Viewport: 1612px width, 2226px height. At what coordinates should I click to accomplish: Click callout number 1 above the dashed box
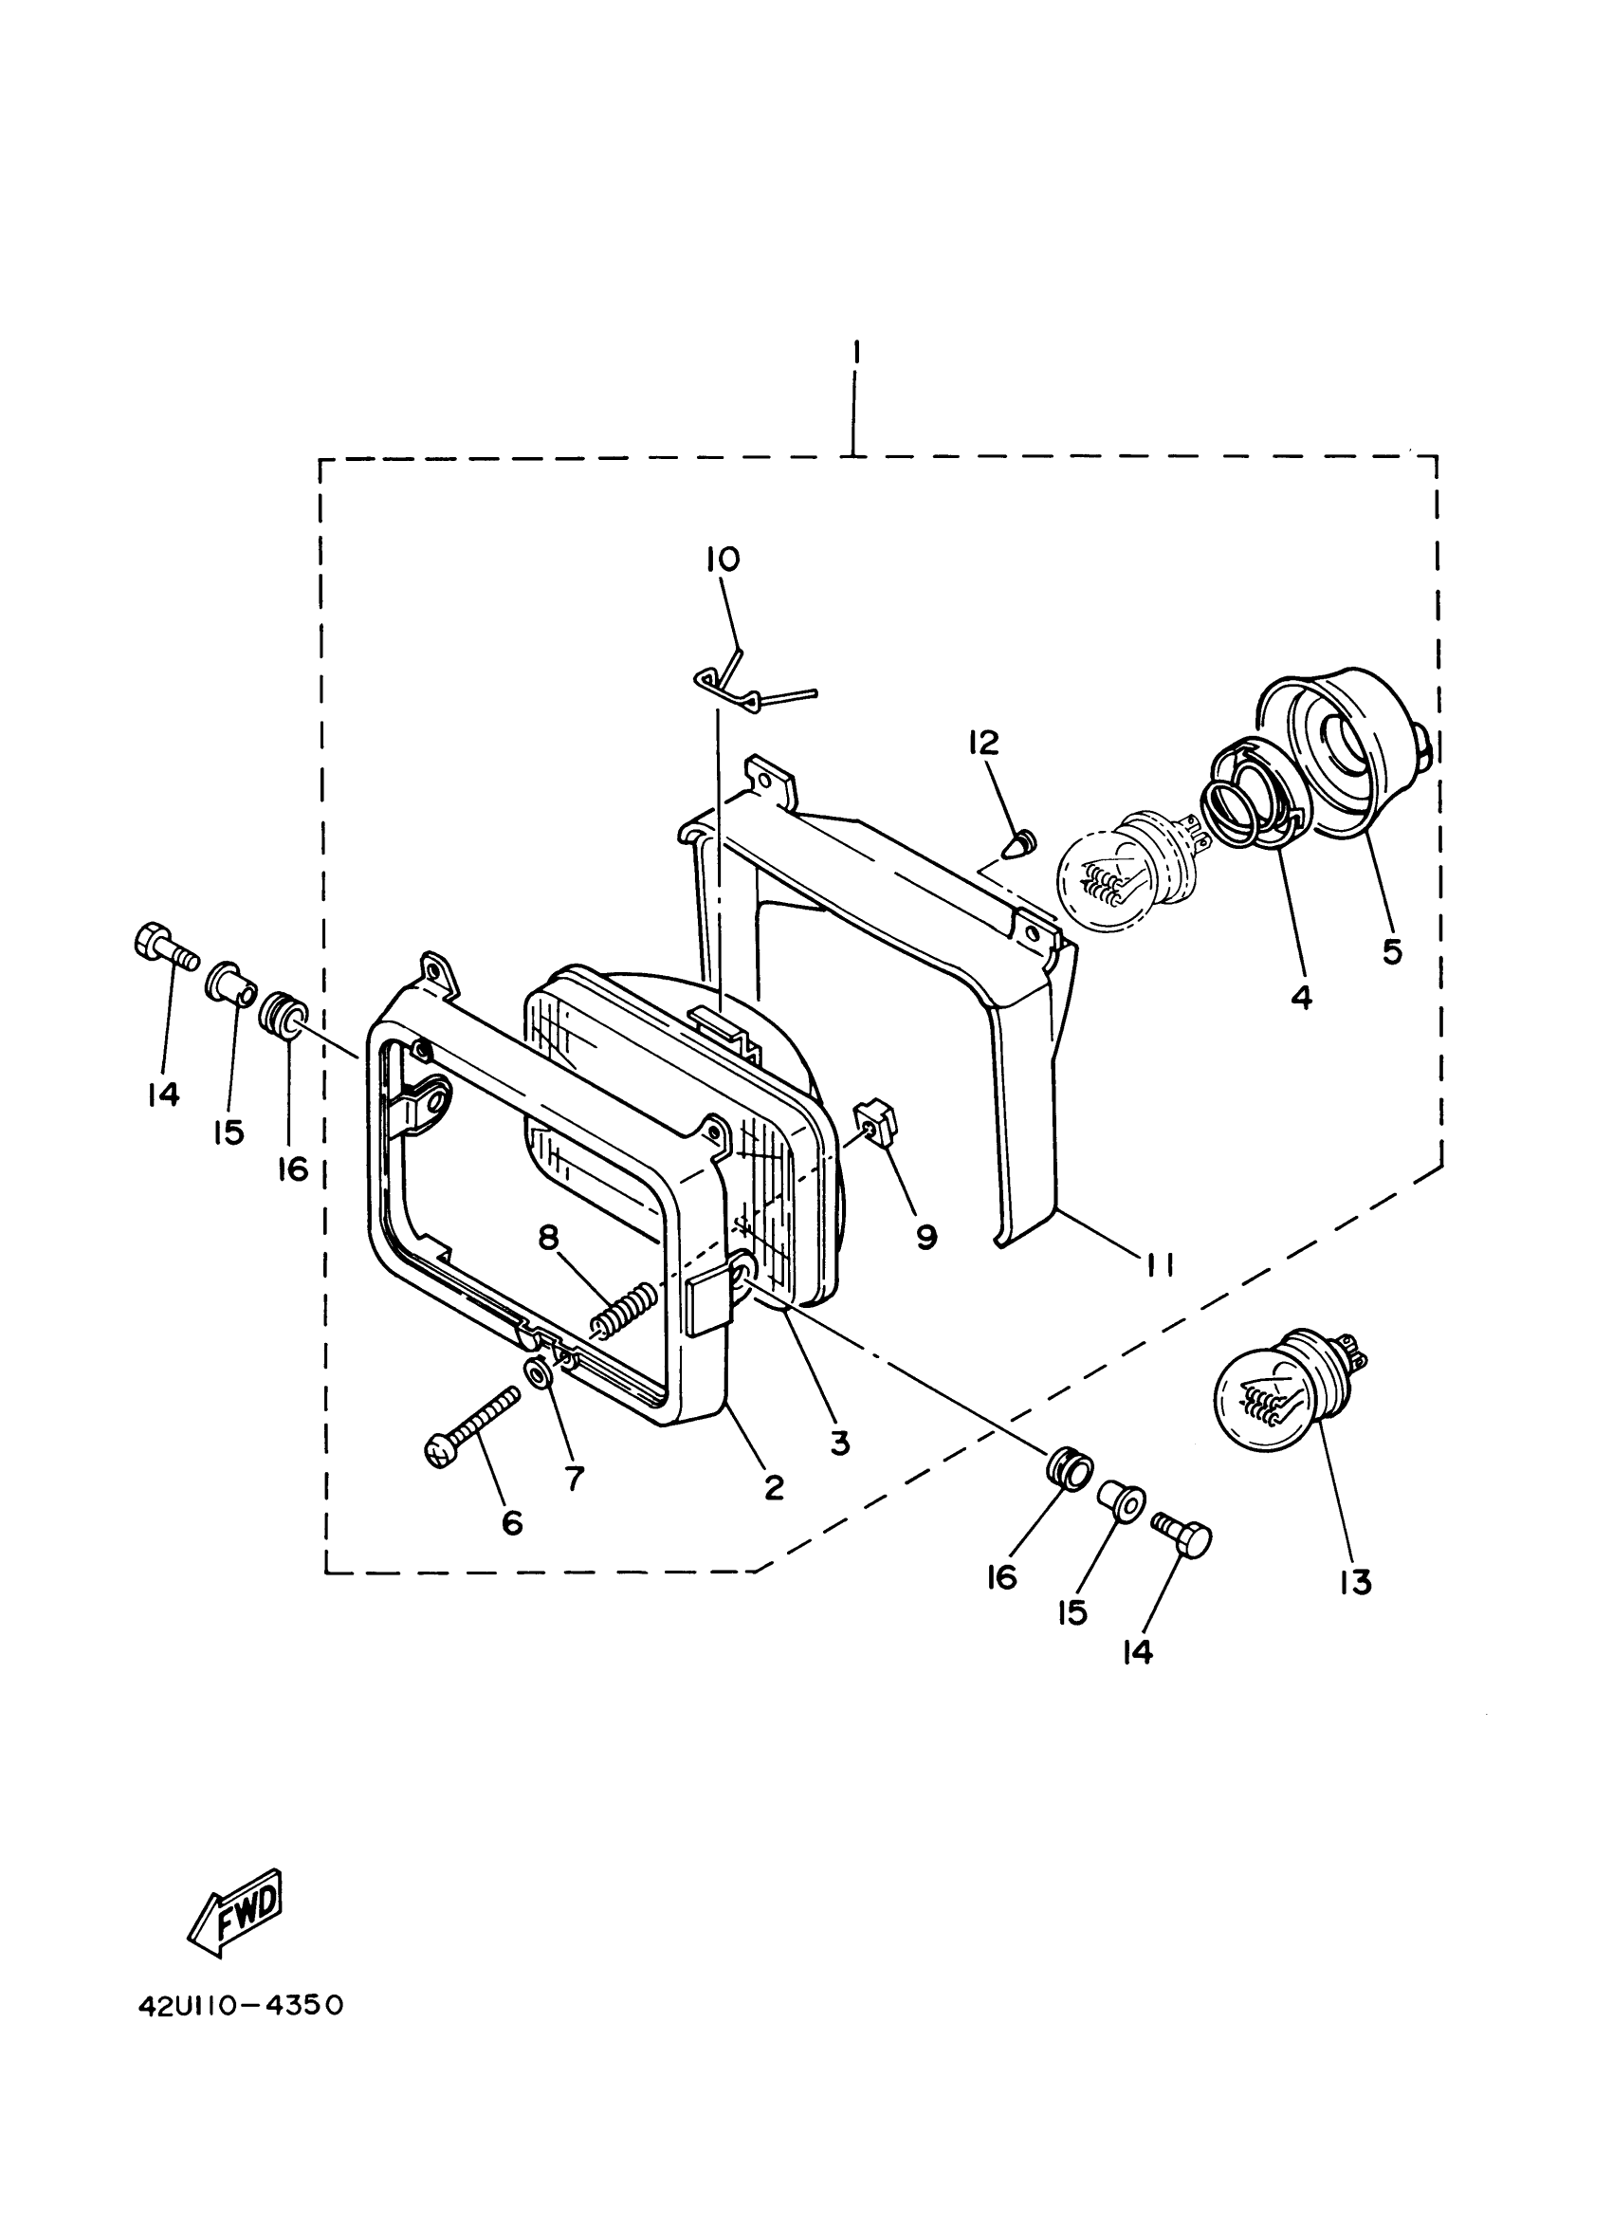[x=855, y=350]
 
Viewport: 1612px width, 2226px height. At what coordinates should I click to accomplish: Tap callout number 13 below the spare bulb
[x=1354, y=1582]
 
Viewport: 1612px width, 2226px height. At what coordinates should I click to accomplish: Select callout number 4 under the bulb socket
[x=1300, y=997]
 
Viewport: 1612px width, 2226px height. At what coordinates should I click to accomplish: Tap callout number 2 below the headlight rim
[x=774, y=1488]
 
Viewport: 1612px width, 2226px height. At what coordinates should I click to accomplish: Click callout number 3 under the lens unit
[x=839, y=1443]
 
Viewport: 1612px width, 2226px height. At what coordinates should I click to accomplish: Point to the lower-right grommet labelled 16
[x=1067, y=1472]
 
